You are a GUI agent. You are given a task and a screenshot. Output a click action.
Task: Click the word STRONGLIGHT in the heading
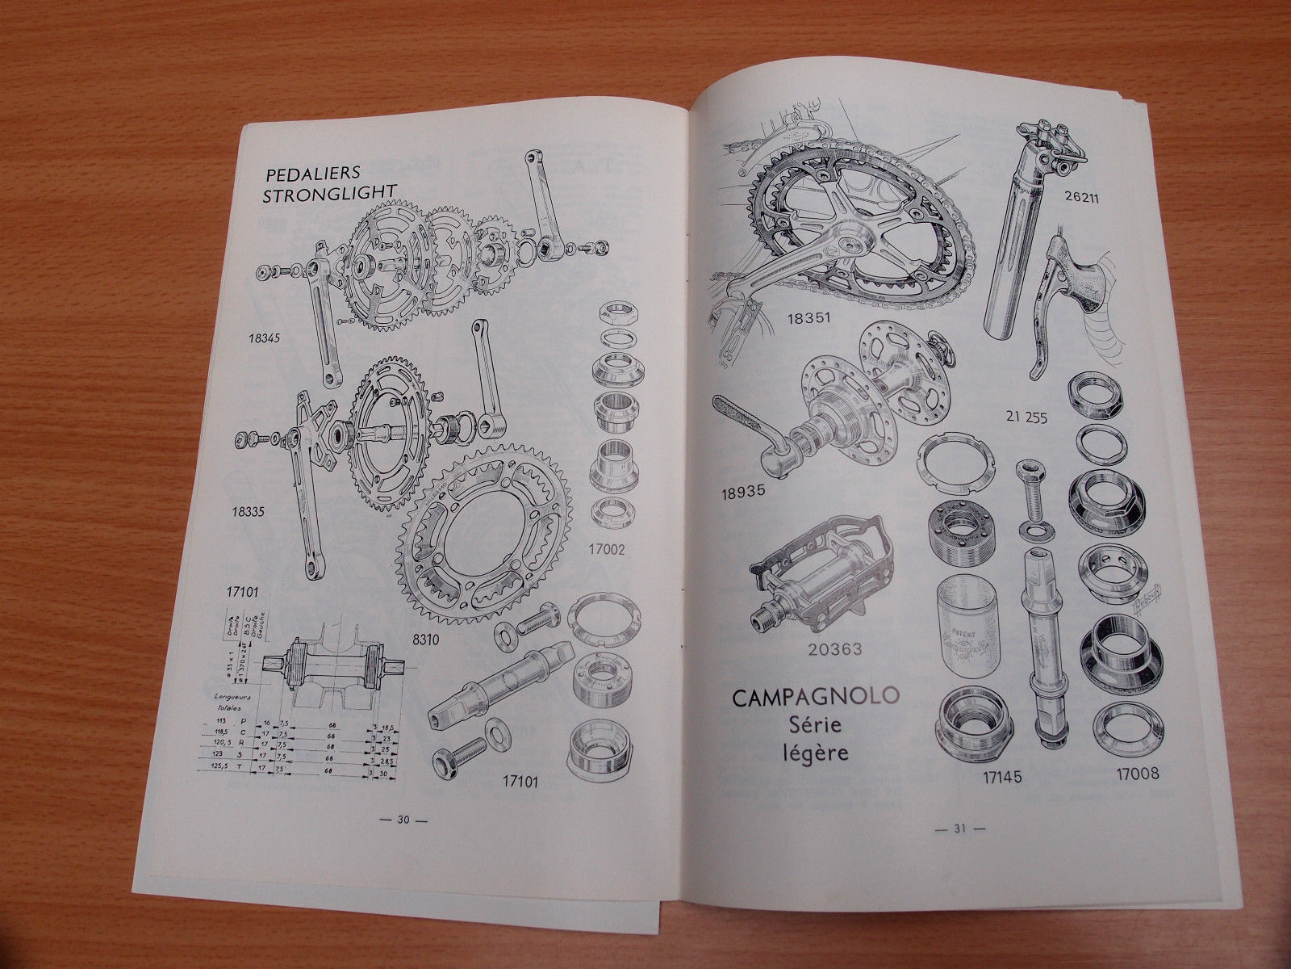coord(330,190)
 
